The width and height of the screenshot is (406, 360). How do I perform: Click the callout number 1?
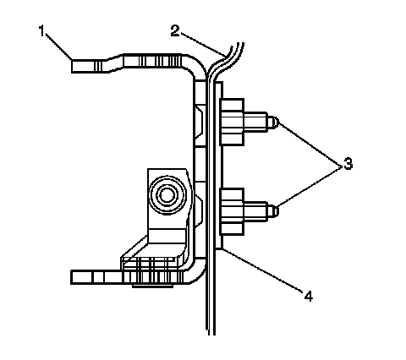coord(41,30)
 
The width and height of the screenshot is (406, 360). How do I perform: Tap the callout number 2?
coord(175,30)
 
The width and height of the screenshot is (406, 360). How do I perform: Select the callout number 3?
coord(348,163)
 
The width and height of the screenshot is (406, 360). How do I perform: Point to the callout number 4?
coord(309,296)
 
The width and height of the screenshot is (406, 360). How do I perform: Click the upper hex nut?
coord(232,122)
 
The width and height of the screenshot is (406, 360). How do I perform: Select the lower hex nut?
coord(232,212)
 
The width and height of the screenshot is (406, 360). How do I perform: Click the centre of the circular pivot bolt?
coord(167,195)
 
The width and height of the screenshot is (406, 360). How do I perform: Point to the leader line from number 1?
coord(58,46)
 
